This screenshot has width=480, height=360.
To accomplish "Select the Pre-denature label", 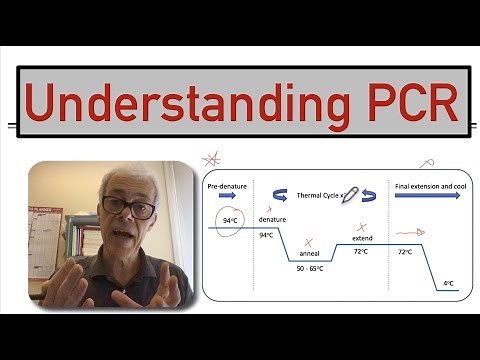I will [x=227, y=186].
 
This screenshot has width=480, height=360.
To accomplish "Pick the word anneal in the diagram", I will [x=311, y=256].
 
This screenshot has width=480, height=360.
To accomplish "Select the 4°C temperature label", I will [x=449, y=284].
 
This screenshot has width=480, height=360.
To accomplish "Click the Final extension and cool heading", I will [x=428, y=186].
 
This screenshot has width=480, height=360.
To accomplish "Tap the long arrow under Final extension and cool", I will [x=428, y=197].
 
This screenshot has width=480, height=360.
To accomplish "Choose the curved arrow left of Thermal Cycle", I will [x=279, y=196].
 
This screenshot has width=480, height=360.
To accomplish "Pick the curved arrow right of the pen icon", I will [x=370, y=196].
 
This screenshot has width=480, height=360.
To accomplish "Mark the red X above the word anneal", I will [x=310, y=242].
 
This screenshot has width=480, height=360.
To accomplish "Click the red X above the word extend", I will [x=361, y=227].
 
